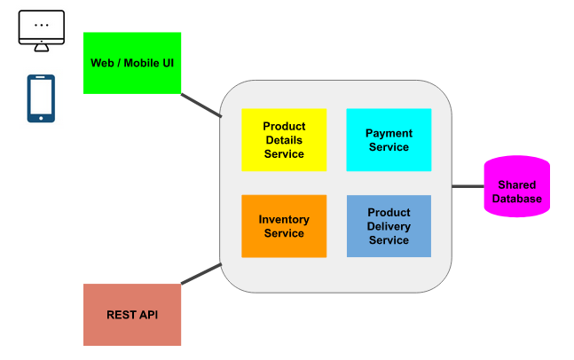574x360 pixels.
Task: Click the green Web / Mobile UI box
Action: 131,63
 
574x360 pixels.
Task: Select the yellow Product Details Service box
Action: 284,140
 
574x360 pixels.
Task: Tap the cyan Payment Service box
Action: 389,140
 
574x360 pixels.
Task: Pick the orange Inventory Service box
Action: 284,226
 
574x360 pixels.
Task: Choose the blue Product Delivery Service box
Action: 389,226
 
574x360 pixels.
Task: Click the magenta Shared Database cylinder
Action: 516,187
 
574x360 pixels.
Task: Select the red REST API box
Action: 131,315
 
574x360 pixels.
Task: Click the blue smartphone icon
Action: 41,98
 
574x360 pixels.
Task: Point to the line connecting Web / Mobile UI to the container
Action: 201,105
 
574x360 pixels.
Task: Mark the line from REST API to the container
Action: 201,274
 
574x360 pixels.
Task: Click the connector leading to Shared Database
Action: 468,186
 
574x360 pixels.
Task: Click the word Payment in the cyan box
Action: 389,134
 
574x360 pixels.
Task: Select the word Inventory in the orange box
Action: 284,220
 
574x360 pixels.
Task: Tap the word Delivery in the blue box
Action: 389,227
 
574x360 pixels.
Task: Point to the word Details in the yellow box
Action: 284,140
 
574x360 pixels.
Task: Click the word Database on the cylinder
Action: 516,199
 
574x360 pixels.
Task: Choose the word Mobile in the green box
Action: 142,63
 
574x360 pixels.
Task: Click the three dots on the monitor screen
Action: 42,26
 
